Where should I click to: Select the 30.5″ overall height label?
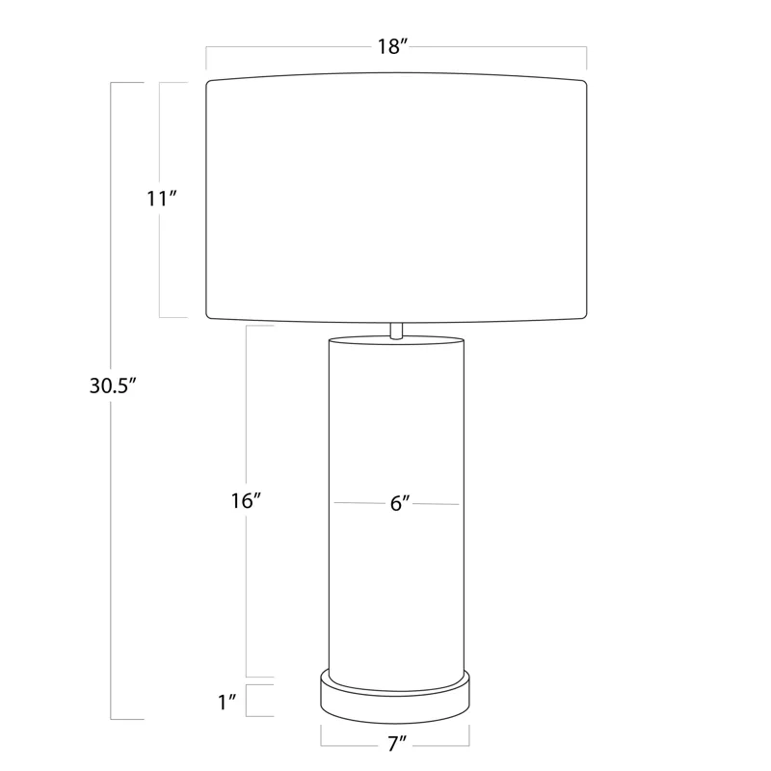114,385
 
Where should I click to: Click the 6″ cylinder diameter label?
401,504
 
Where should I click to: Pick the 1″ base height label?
226,701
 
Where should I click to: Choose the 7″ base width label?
396,742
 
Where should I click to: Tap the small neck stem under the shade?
396,329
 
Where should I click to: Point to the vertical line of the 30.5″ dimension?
113,578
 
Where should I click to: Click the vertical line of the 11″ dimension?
159,270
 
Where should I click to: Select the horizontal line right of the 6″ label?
439,504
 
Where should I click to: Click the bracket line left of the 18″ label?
289,46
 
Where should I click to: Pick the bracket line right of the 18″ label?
501,46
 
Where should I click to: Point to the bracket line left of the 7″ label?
347,745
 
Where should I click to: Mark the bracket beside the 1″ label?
248,701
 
